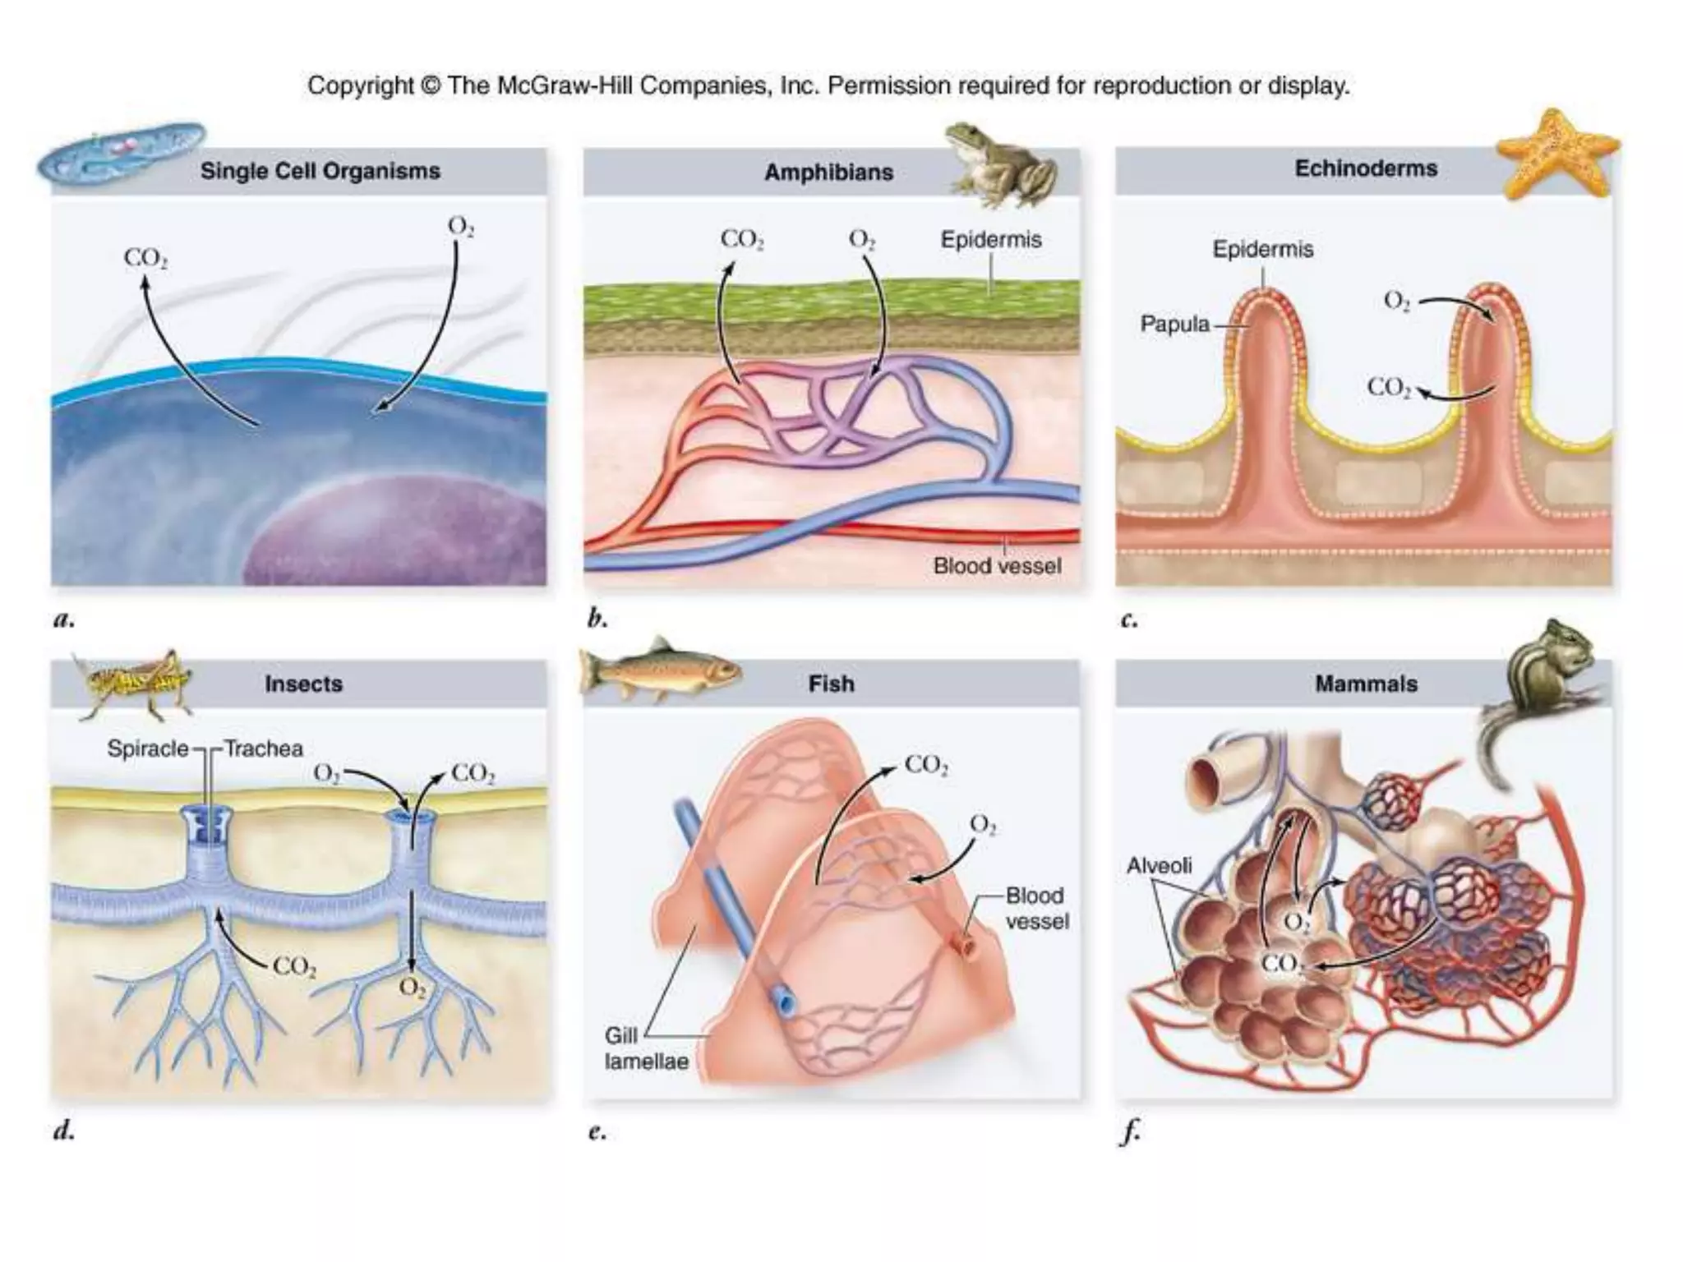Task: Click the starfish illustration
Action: point(1556,154)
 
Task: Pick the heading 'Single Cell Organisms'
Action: point(320,171)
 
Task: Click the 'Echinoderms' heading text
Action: point(1366,168)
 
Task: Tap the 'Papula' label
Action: point(1174,325)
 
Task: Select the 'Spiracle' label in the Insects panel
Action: point(147,748)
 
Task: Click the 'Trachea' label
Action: point(264,748)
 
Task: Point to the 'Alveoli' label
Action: point(1159,865)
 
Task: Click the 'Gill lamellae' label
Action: point(645,1048)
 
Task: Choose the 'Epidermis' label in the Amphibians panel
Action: point(990,240)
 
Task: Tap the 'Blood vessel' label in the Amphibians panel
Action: point(996,566)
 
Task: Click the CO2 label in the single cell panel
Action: point(145,258)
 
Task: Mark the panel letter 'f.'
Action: point(1131,1132)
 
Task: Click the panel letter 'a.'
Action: point(63,619)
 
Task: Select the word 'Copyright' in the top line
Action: point(360,85)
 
